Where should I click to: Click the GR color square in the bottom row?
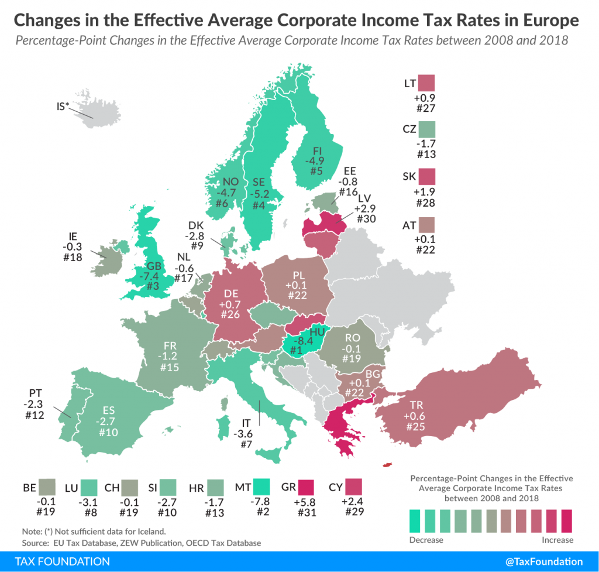(305, 487)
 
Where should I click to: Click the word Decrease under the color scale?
(426, 539)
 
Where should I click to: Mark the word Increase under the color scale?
(557, 539)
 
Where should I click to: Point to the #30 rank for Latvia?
(367, 218)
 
